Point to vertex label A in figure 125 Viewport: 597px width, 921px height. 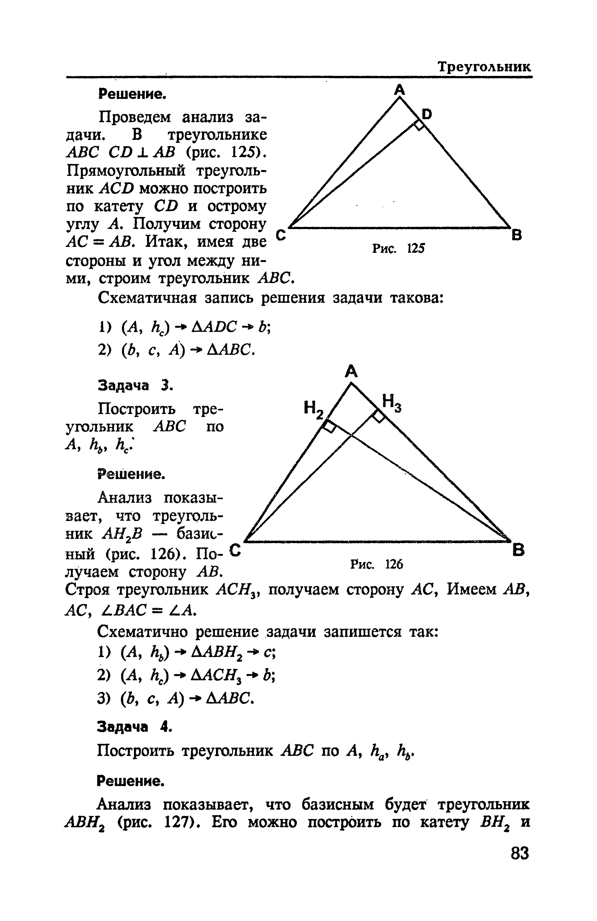coord(400,90)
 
